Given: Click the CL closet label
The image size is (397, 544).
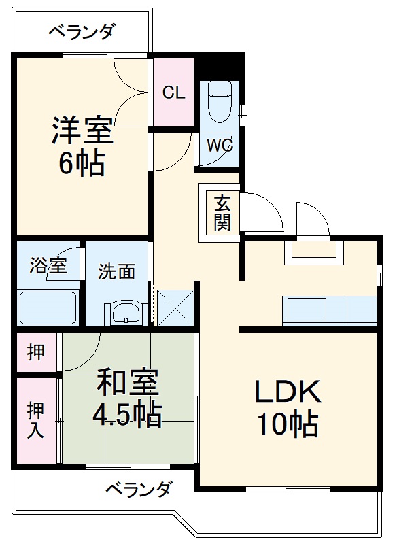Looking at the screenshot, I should pos(173,93).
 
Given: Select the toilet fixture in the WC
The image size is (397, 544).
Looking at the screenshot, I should pos(219,99).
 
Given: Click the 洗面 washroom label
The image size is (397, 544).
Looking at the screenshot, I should pos(116,271).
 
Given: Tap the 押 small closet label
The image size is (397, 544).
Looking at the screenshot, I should pos(37,352).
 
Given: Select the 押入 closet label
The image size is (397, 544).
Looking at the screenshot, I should pos(36,420).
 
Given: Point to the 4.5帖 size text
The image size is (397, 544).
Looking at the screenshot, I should pos(127,414).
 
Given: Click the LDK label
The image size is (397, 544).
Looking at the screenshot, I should pos(287,392).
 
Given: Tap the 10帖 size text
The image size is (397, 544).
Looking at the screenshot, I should pos(287,425).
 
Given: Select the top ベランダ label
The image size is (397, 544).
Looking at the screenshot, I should pos(82,31).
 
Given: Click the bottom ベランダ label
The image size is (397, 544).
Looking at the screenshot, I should pos(139,488).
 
